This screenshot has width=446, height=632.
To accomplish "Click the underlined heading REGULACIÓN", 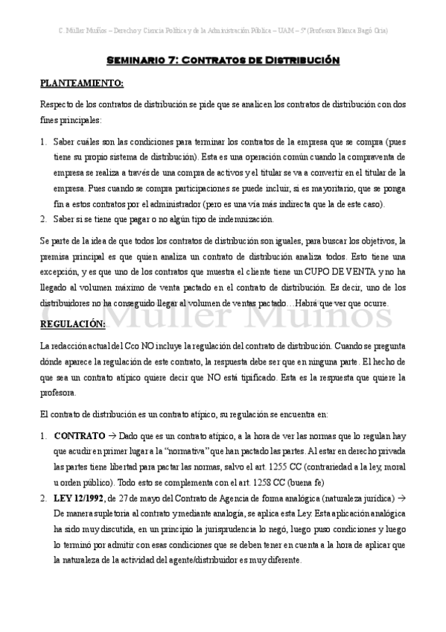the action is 73,324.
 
